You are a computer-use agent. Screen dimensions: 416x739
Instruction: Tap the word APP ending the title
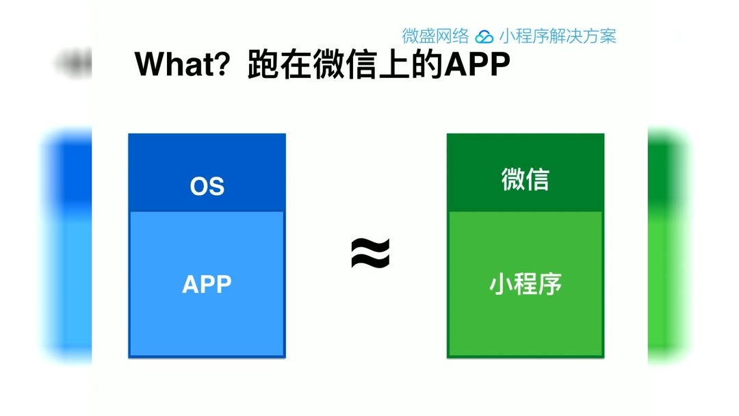point(478,65)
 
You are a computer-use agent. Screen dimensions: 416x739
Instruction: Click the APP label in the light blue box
point(207,284)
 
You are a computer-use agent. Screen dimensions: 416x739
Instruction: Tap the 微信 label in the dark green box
point(525,180)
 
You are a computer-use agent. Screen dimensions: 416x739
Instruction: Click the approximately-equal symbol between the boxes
point(370,253)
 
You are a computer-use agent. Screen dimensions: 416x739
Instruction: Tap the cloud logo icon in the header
point(484,36)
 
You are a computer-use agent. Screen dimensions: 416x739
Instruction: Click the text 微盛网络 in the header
point(435,36)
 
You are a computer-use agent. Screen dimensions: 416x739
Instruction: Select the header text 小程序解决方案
point(558,36)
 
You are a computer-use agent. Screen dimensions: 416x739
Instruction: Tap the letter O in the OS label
point(199,186)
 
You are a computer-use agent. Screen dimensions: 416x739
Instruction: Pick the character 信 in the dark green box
point(537,180)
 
